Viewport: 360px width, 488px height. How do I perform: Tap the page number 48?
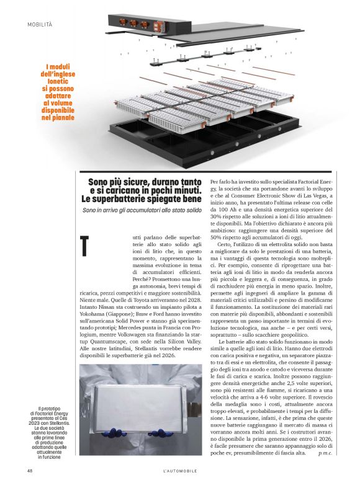tap(29, 471)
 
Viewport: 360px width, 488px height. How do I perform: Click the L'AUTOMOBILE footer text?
tap(180, 471)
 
